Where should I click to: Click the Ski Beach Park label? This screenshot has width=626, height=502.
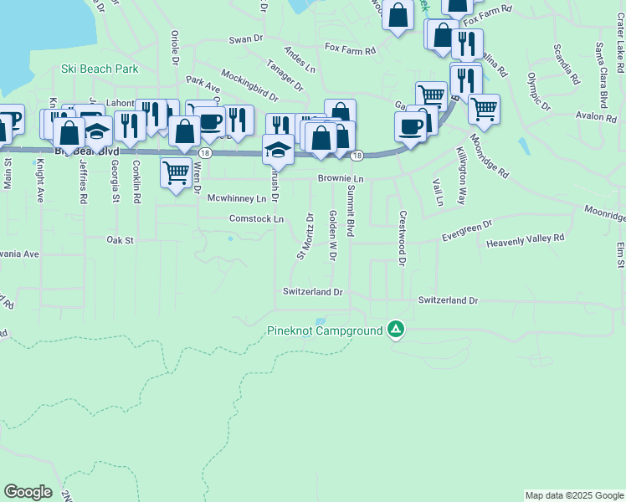[x=99, y=69]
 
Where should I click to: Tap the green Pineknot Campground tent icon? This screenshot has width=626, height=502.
[x=396, y=330]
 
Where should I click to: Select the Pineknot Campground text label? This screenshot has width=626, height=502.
[x=324, y=331]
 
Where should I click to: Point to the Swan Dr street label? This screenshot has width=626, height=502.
[x=246, y=39]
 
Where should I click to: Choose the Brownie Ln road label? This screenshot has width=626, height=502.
[x=341, y=179]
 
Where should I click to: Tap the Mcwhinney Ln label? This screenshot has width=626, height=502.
[x=237, y=199]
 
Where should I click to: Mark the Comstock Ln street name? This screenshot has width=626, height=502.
[x=257, y=218]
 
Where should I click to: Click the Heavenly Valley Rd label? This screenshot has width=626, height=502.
[x=526, y=238]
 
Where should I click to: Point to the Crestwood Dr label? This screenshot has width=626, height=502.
[x=402, y=238]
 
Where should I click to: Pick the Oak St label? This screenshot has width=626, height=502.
[x=121, y=240]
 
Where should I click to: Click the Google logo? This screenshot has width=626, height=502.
[x=28, y=492]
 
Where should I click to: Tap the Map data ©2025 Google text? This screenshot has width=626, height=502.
[x=573, y=495]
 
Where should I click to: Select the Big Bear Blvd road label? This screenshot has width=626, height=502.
[x=87, y=151]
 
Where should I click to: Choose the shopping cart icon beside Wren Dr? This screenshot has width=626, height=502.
[x=176, y=173]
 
